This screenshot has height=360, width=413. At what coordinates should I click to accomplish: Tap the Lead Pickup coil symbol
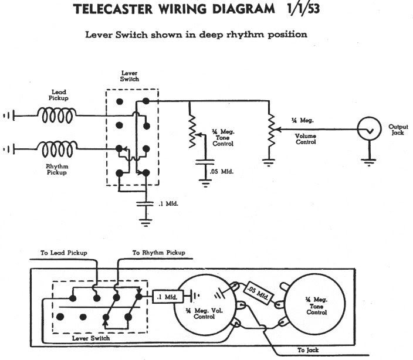coord(57,115)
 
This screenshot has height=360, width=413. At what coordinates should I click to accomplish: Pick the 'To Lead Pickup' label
coord(64,253)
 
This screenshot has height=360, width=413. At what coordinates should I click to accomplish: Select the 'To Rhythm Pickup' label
coord(158,253)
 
